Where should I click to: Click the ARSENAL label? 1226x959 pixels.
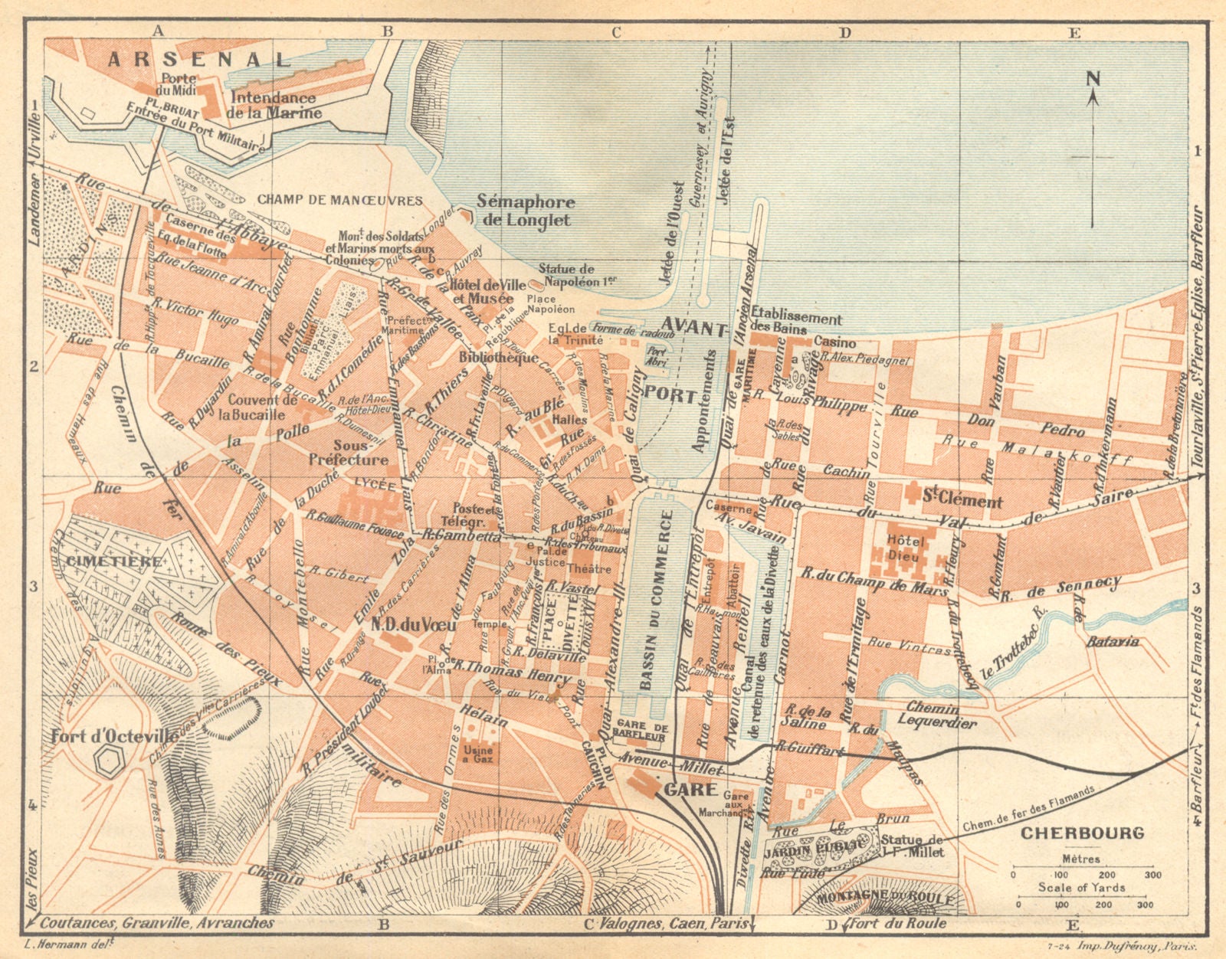click(198, 60)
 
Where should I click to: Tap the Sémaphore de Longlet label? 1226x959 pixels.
click(525, 211)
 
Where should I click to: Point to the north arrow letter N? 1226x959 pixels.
click(1093, 77)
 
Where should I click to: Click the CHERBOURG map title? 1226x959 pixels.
click(1083, 833)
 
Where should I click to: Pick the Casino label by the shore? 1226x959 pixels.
click(834, 342)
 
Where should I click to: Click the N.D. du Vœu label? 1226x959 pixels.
click(414, 625)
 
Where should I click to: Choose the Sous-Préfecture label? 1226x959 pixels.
click(349, 453)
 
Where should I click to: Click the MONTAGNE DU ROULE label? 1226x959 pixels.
click(885, 897)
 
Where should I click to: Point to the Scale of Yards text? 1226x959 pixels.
click(1081, 887)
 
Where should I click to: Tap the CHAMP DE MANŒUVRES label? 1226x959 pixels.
click(340, 200)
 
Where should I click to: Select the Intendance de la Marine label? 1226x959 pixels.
click(274, 106)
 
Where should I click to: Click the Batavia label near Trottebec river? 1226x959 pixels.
click(1113, 642)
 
